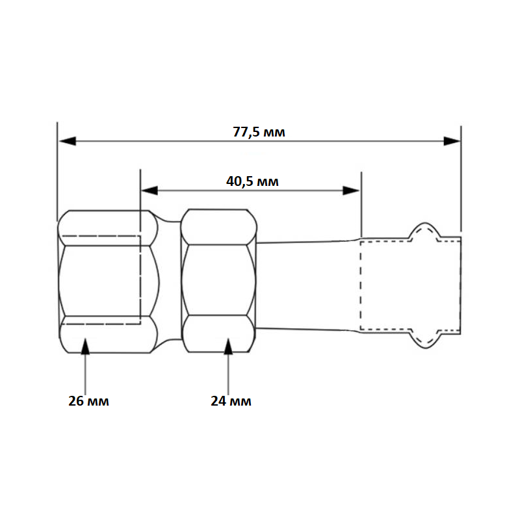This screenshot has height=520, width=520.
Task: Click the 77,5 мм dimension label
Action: [259, 132]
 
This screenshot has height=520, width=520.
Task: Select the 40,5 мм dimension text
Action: [252, 181]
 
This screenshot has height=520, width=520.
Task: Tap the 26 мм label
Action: [88, 401]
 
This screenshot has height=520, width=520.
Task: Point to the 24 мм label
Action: [231, 401]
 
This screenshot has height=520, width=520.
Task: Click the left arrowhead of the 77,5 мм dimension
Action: [68, 141]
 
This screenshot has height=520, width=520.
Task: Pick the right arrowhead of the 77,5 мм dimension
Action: [452, 141]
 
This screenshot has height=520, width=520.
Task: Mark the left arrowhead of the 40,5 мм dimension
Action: [149, 190]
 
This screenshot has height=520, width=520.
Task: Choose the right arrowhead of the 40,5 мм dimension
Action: [351, 190]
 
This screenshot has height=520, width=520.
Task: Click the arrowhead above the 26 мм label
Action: [85, 346]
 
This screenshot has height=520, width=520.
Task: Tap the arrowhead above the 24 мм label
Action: [228, 346]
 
